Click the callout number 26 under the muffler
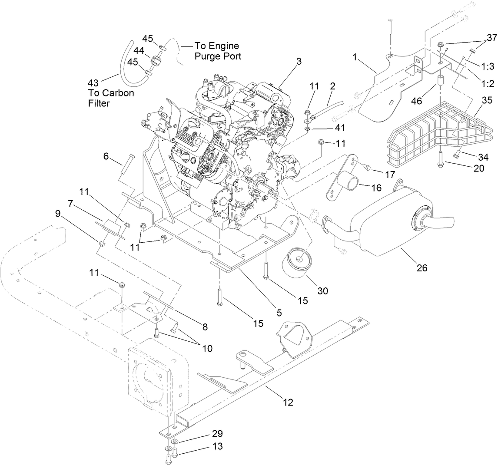422,268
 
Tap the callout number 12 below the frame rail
287,403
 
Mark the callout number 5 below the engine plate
279,312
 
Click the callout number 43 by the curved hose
93,82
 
